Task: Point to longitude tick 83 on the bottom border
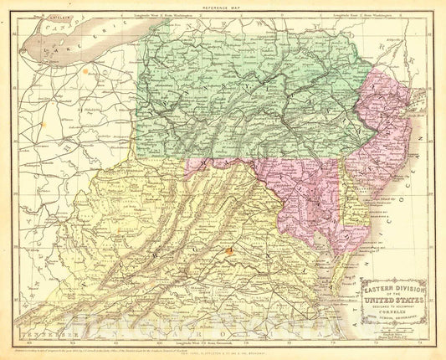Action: (54, 341)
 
